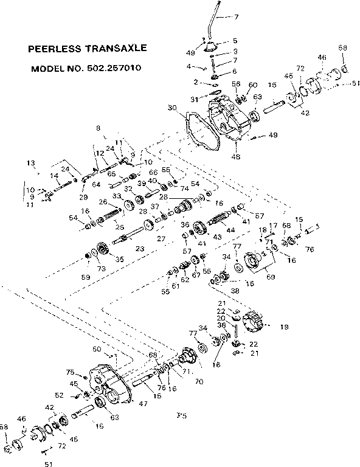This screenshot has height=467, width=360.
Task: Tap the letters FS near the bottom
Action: (181, 417)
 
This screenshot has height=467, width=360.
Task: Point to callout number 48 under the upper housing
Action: (235, 157)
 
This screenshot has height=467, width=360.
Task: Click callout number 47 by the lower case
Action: (142, 403)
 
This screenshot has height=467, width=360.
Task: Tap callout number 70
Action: (198, 382)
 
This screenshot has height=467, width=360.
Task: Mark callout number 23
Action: (139, 248)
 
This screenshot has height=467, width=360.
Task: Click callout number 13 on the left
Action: (30, 163)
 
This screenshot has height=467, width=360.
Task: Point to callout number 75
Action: (70, 372)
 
